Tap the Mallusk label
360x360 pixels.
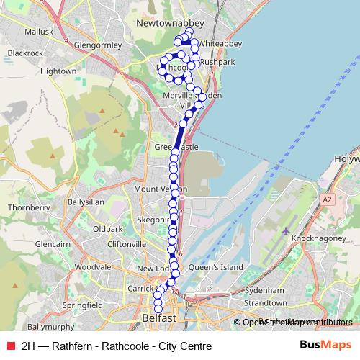pyautogui.click(x=40, y=32)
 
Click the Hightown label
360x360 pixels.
pyautogui.click(x=59, y=71)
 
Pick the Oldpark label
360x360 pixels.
pyautogui.click(x=107, y=229)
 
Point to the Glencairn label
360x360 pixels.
pyautogui.click(x=52, y=244)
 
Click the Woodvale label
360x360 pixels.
pyautogui.click(x=92, y=266)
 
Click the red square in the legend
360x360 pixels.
pyautogui.click(x=9, y=346)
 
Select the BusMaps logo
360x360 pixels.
pyautogui.click(x=325, y=346)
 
